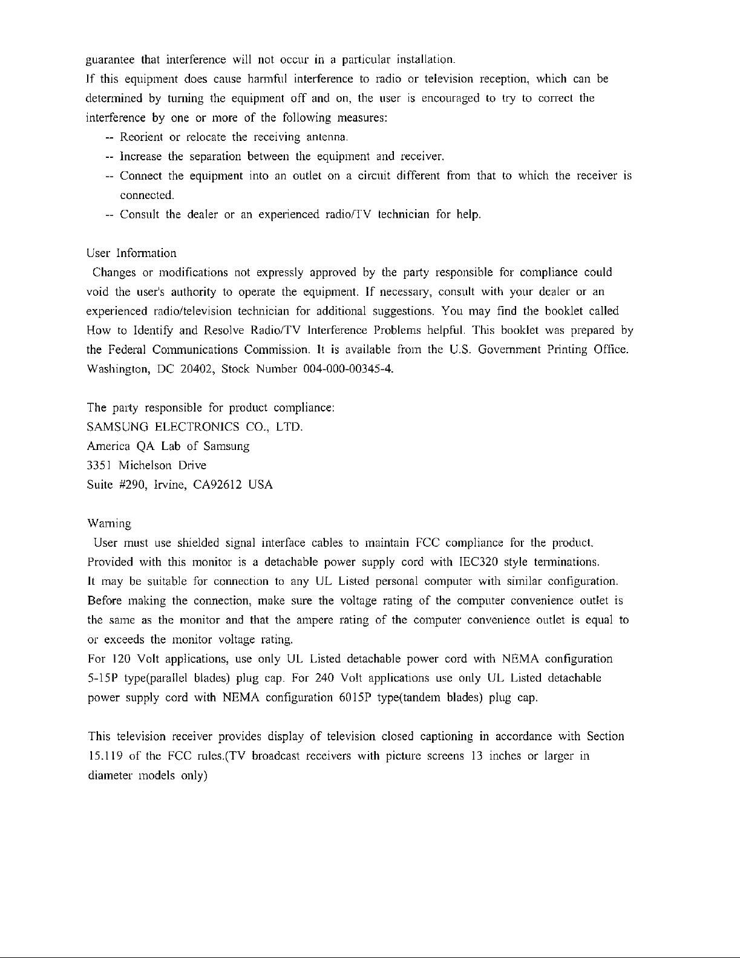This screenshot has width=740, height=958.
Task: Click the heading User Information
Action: (x=132, y=253)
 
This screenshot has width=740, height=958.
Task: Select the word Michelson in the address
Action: (x=146, y=466)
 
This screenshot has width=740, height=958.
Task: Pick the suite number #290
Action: (x=128, y=485)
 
